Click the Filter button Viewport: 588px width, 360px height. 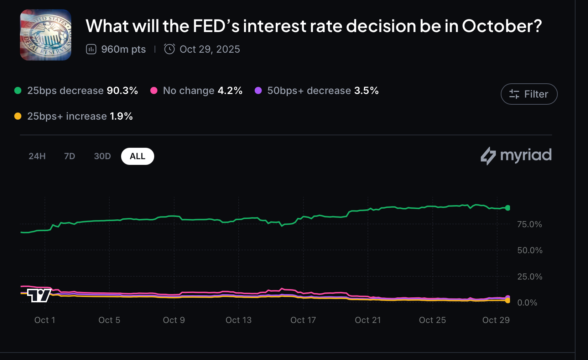click(529, 94)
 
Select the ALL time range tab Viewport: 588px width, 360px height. click(137, 156)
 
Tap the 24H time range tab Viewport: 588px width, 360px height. click(37, 156)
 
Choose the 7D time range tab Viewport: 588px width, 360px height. click(69, 156)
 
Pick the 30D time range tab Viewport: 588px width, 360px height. click(102, 156)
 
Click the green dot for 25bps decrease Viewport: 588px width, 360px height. click(18, 90)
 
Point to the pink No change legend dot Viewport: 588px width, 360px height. click(154, 90)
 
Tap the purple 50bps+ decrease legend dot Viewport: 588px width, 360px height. click(258, 90)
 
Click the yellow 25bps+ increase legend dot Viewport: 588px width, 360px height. click(18, 116)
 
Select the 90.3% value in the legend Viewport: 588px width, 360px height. click(122, 90)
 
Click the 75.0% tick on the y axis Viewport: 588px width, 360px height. click(530, 224)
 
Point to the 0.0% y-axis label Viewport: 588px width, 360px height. click(527, 303)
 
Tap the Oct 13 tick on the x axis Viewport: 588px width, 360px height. click(239, 320)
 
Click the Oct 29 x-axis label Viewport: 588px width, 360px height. click(496, 320)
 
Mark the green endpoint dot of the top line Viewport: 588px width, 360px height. click(508, 208)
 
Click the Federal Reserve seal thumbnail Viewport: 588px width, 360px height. click(46, 35)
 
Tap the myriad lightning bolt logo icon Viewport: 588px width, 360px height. click(488, 156)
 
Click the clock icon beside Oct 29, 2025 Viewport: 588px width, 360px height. click(170, 49)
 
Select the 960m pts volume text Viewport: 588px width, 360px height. click(123, 49)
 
